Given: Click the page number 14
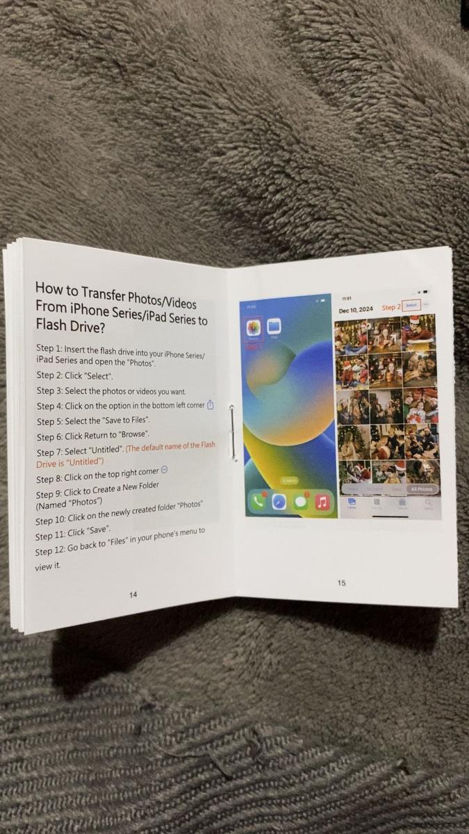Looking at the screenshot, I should [133, 595].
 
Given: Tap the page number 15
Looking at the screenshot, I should [342, 582].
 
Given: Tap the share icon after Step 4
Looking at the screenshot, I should [210, 405].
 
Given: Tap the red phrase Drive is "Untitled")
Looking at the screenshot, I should [69, 462].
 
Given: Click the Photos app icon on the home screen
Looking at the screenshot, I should [254, 329].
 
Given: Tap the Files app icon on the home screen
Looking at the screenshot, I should [274, 327].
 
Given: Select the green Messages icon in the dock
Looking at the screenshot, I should [301, 502].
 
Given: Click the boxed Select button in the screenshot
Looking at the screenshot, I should [411, 306].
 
